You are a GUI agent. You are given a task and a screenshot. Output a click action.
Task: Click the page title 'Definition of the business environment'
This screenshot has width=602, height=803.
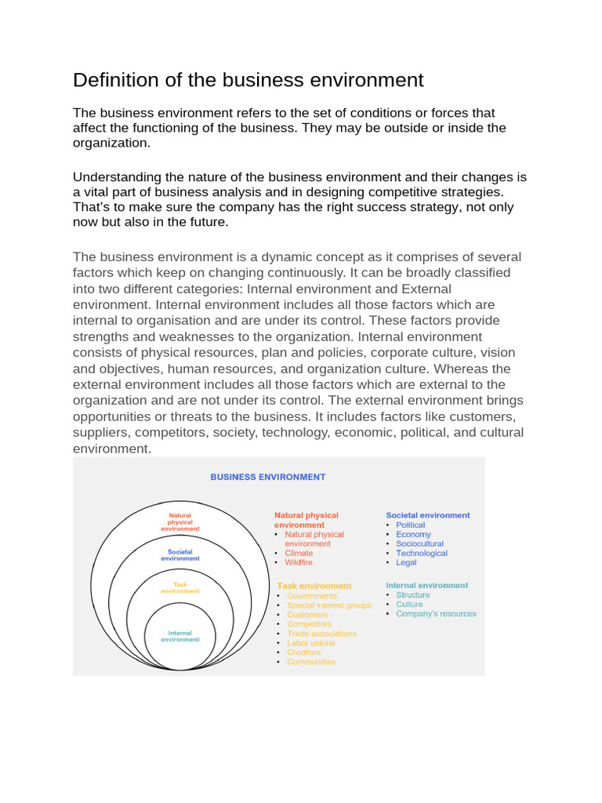[x=248, y=80]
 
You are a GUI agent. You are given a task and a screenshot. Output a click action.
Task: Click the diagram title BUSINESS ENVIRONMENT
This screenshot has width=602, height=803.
[x=267, y=477]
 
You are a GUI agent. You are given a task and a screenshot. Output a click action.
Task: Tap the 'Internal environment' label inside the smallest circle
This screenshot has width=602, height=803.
[x=180, y=636]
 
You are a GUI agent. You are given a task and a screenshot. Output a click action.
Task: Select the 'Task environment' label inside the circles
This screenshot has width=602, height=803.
[x=180, y=587]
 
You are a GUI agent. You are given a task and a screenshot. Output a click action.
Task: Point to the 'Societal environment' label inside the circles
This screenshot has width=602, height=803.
[x=180, y=555]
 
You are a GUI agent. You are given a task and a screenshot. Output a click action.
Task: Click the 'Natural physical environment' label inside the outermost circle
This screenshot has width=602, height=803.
[x=180, y=522]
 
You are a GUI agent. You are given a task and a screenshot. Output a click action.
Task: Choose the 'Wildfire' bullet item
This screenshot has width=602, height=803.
[x=299, y=562]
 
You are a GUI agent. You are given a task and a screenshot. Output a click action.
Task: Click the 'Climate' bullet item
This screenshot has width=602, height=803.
[x=299, y=553]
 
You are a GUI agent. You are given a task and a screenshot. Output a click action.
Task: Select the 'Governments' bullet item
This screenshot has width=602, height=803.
[x=311, y=596]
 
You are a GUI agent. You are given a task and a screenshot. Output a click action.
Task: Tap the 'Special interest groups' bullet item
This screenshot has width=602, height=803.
[x=329, y=605]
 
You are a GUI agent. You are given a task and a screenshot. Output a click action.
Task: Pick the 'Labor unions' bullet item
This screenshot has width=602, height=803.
[x=311, y=643]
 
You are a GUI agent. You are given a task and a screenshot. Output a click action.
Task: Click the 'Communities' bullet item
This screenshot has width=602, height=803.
[x=311, y=662]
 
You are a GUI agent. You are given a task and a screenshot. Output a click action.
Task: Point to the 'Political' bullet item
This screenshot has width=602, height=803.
[x=410, y=525]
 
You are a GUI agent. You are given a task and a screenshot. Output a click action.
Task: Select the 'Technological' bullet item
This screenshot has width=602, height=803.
[x=422, y=553]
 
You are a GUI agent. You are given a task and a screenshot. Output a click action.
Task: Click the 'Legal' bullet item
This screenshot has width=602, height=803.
[x=406, y=562]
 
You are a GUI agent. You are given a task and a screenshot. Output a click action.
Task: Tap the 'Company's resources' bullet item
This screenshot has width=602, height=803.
[x=436, y=613]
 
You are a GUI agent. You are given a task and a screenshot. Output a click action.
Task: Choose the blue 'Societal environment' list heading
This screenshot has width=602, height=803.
[x=428, y=515]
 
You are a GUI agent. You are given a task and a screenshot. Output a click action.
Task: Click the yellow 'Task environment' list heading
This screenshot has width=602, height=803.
[x=314, y=586]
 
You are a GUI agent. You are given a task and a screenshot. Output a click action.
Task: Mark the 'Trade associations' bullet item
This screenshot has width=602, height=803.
[x=321, y=634]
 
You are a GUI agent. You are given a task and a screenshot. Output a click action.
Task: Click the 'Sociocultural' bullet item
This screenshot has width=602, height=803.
[x=419, y=543]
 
